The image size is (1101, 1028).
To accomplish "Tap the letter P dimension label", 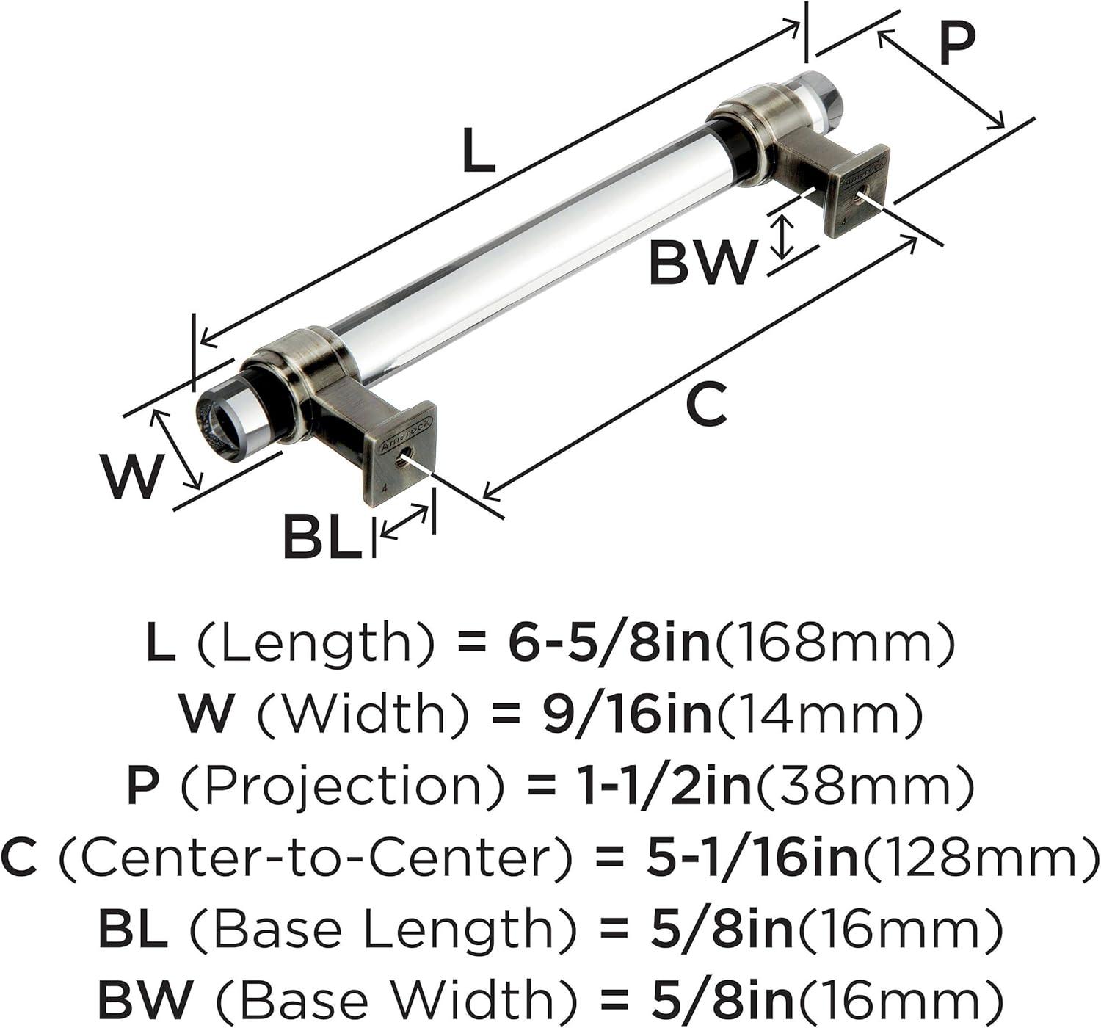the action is (x=957, y=46).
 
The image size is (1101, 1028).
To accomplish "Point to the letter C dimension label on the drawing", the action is (x=706, y=403).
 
